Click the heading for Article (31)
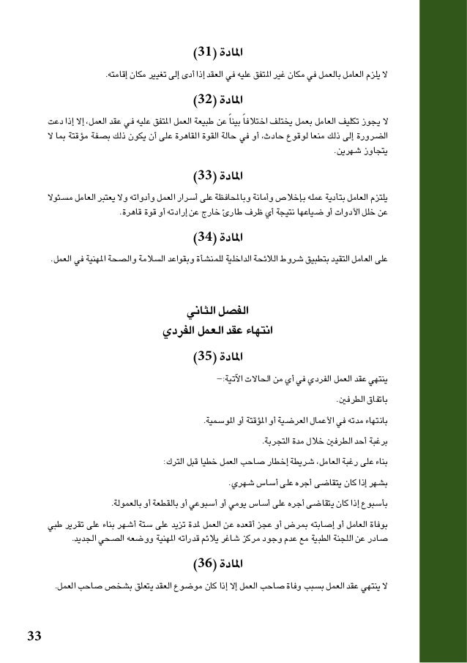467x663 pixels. (x=218, y=53)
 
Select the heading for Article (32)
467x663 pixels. (x=218, y=98)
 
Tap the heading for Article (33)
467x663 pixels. (x=218, y=176)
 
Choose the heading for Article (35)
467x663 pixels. (x=218, y=357)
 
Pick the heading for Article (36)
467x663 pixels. (x=218, y=563)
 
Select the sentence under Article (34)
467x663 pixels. (x=230, y=258)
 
